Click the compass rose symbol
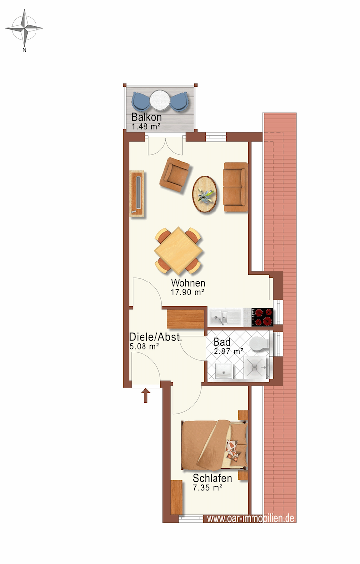[24, 28]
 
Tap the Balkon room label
[146, 117]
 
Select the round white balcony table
[159, 100]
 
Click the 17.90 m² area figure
[187, 292]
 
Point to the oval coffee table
[205, 194]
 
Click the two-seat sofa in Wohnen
[235, 187]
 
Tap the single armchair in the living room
[175, 175]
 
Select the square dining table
[178, 250]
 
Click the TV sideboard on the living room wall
[137, 194]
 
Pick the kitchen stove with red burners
[262, 317]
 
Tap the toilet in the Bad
[259, 343]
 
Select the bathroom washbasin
[224, 370]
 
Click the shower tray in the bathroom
[256, 367]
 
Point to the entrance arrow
[145, 395]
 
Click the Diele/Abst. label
[156, 337]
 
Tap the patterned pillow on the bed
[234, 451]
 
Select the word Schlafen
[212, 478]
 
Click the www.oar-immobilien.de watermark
[251, 518]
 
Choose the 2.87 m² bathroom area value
[229, 351]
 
